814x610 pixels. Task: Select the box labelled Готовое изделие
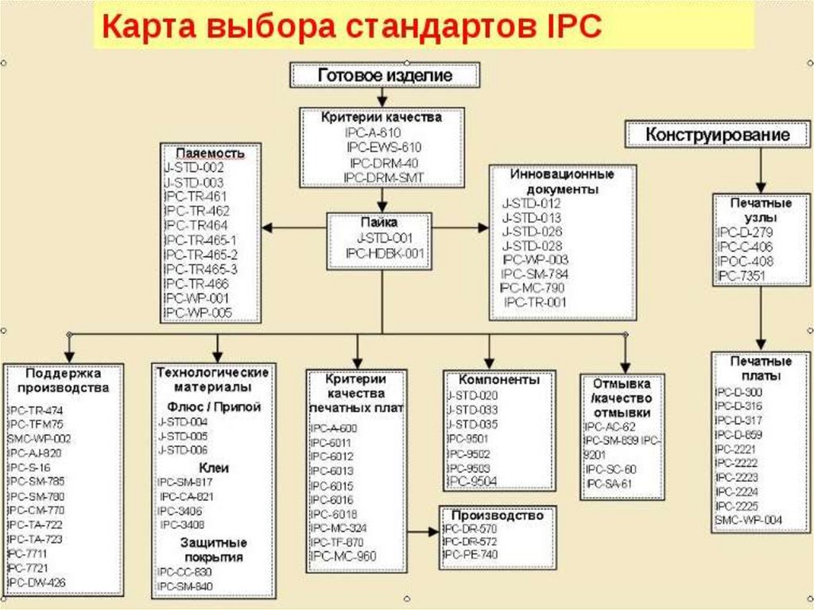coord(386,76)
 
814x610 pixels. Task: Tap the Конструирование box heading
coord(718,135)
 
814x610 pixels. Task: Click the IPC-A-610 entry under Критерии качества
coord(374,132)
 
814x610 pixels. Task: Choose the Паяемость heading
coord(210,153)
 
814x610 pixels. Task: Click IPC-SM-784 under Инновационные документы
coord(535,274)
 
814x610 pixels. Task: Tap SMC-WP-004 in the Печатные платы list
coord(749,520)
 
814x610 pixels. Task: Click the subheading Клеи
coord(213,468)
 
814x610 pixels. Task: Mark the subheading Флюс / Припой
coord(213,407)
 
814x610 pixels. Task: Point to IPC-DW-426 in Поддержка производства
coord(37,583)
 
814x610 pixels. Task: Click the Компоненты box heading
coord(489,380)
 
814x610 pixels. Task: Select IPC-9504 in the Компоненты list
coord(474,481)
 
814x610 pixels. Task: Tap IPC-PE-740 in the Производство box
coord(471,554)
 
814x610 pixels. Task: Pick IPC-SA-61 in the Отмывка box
coord(610,484)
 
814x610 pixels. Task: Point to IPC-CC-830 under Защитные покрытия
coord(185,572)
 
